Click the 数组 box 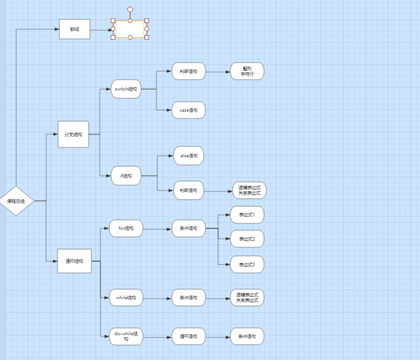(x=75, y=29)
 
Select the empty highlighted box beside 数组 (x=130, y=29)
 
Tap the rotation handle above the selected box (x=130, y=9)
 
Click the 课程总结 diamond (x=16, y=201)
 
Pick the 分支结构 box (x=73, y=134)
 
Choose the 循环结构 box (x=74, y=261)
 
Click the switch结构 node (x=126, y=89)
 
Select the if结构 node (x=126, y=176)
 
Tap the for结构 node (x=126, y=228)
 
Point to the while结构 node (x=126, y=297)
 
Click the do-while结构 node (x=126, y=337)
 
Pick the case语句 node (x=189, y=110)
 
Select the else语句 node (x=189, y=155)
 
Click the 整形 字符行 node (x=247, y=71)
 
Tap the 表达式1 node (x=247, y=215)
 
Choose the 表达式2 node (x=247, y=239)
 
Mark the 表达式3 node (x=247, y=264)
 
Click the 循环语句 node (x=189, y=336)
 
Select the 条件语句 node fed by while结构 (x=189, y=297)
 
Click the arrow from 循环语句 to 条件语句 (x=218, y=337)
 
